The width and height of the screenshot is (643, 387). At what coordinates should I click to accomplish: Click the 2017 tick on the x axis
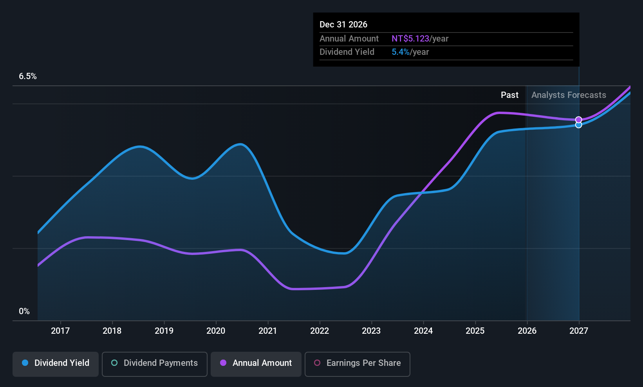[60, 331]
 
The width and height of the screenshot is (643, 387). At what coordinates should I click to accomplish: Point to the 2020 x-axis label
[216, 331]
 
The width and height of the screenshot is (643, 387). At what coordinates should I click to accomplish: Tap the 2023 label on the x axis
[371, 331]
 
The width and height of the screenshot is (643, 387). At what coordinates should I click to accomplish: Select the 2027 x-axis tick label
[578, 331]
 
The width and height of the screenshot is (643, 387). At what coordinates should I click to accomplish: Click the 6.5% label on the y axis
[28, 76]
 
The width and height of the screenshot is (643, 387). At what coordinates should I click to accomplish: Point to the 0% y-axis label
[24, 311]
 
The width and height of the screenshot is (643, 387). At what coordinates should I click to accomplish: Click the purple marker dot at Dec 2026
[578, 120]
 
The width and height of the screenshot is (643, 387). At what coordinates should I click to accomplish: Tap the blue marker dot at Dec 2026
[578, 125]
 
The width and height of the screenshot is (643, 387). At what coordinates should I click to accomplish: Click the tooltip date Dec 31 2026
[343, 25]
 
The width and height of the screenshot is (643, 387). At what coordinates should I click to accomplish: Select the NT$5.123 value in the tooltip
[410, 39]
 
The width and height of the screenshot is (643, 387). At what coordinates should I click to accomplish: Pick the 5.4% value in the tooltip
[400, 52]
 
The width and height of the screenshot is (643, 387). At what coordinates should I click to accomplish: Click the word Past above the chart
[509, 95]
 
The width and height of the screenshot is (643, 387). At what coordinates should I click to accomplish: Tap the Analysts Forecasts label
[569, 95]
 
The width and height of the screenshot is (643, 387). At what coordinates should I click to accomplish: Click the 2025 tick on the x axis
[475, 331]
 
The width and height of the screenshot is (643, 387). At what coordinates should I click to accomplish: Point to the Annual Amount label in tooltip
[349, 39]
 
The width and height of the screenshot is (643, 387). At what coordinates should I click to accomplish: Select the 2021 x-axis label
[268, 331]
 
